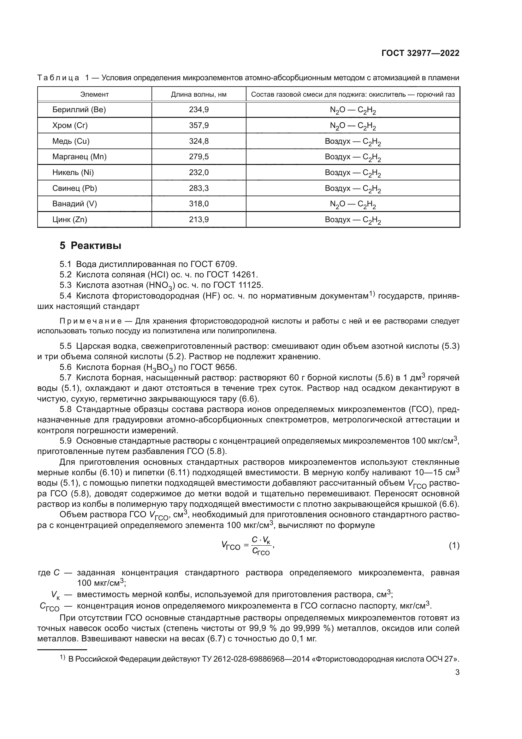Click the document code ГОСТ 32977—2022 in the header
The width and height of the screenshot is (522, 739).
420,53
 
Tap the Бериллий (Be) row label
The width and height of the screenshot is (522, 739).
79,110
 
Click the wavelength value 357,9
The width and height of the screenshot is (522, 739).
199,125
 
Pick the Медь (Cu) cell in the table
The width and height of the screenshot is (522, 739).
71,141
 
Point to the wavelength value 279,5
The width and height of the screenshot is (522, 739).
199,157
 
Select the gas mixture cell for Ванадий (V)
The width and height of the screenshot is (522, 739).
353,204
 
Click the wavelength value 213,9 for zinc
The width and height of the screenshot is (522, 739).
199,220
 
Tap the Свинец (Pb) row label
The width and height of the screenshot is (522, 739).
74,188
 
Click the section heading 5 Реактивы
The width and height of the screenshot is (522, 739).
90,246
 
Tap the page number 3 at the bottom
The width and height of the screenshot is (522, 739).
457,672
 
